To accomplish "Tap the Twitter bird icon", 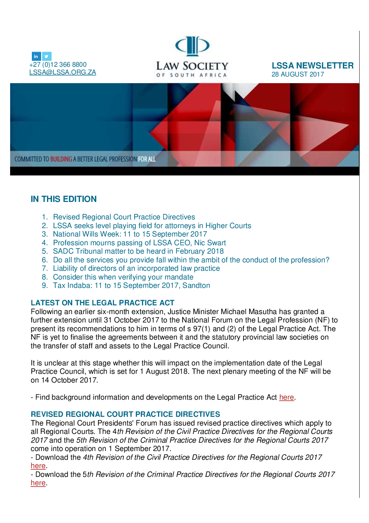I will click(47, 56).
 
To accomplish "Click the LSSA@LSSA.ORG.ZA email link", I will click(62, 72).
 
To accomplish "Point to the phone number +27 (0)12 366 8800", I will click(58, 65).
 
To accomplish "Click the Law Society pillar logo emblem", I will click(192, 46).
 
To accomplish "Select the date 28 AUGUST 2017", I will click(298, 74).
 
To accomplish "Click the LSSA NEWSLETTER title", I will click(312, 66).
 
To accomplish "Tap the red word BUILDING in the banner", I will click(61, 159).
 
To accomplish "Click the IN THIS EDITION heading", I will click(63, 199).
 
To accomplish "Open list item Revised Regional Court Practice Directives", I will click(124, 217).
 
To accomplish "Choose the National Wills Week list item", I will click(130, 234).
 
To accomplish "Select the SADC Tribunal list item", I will click(138, 251).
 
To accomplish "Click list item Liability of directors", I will click(136, 268).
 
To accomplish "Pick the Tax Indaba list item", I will click(131, 285).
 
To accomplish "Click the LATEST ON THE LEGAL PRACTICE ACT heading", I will click(103, 303).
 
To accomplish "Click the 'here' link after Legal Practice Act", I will click(286, 397).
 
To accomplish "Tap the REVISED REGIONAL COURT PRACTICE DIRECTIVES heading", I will click(125, 414).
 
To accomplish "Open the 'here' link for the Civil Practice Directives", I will click(38, 466).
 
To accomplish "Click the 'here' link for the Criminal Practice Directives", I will click(38, 483).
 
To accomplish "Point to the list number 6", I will click(45, 260).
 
